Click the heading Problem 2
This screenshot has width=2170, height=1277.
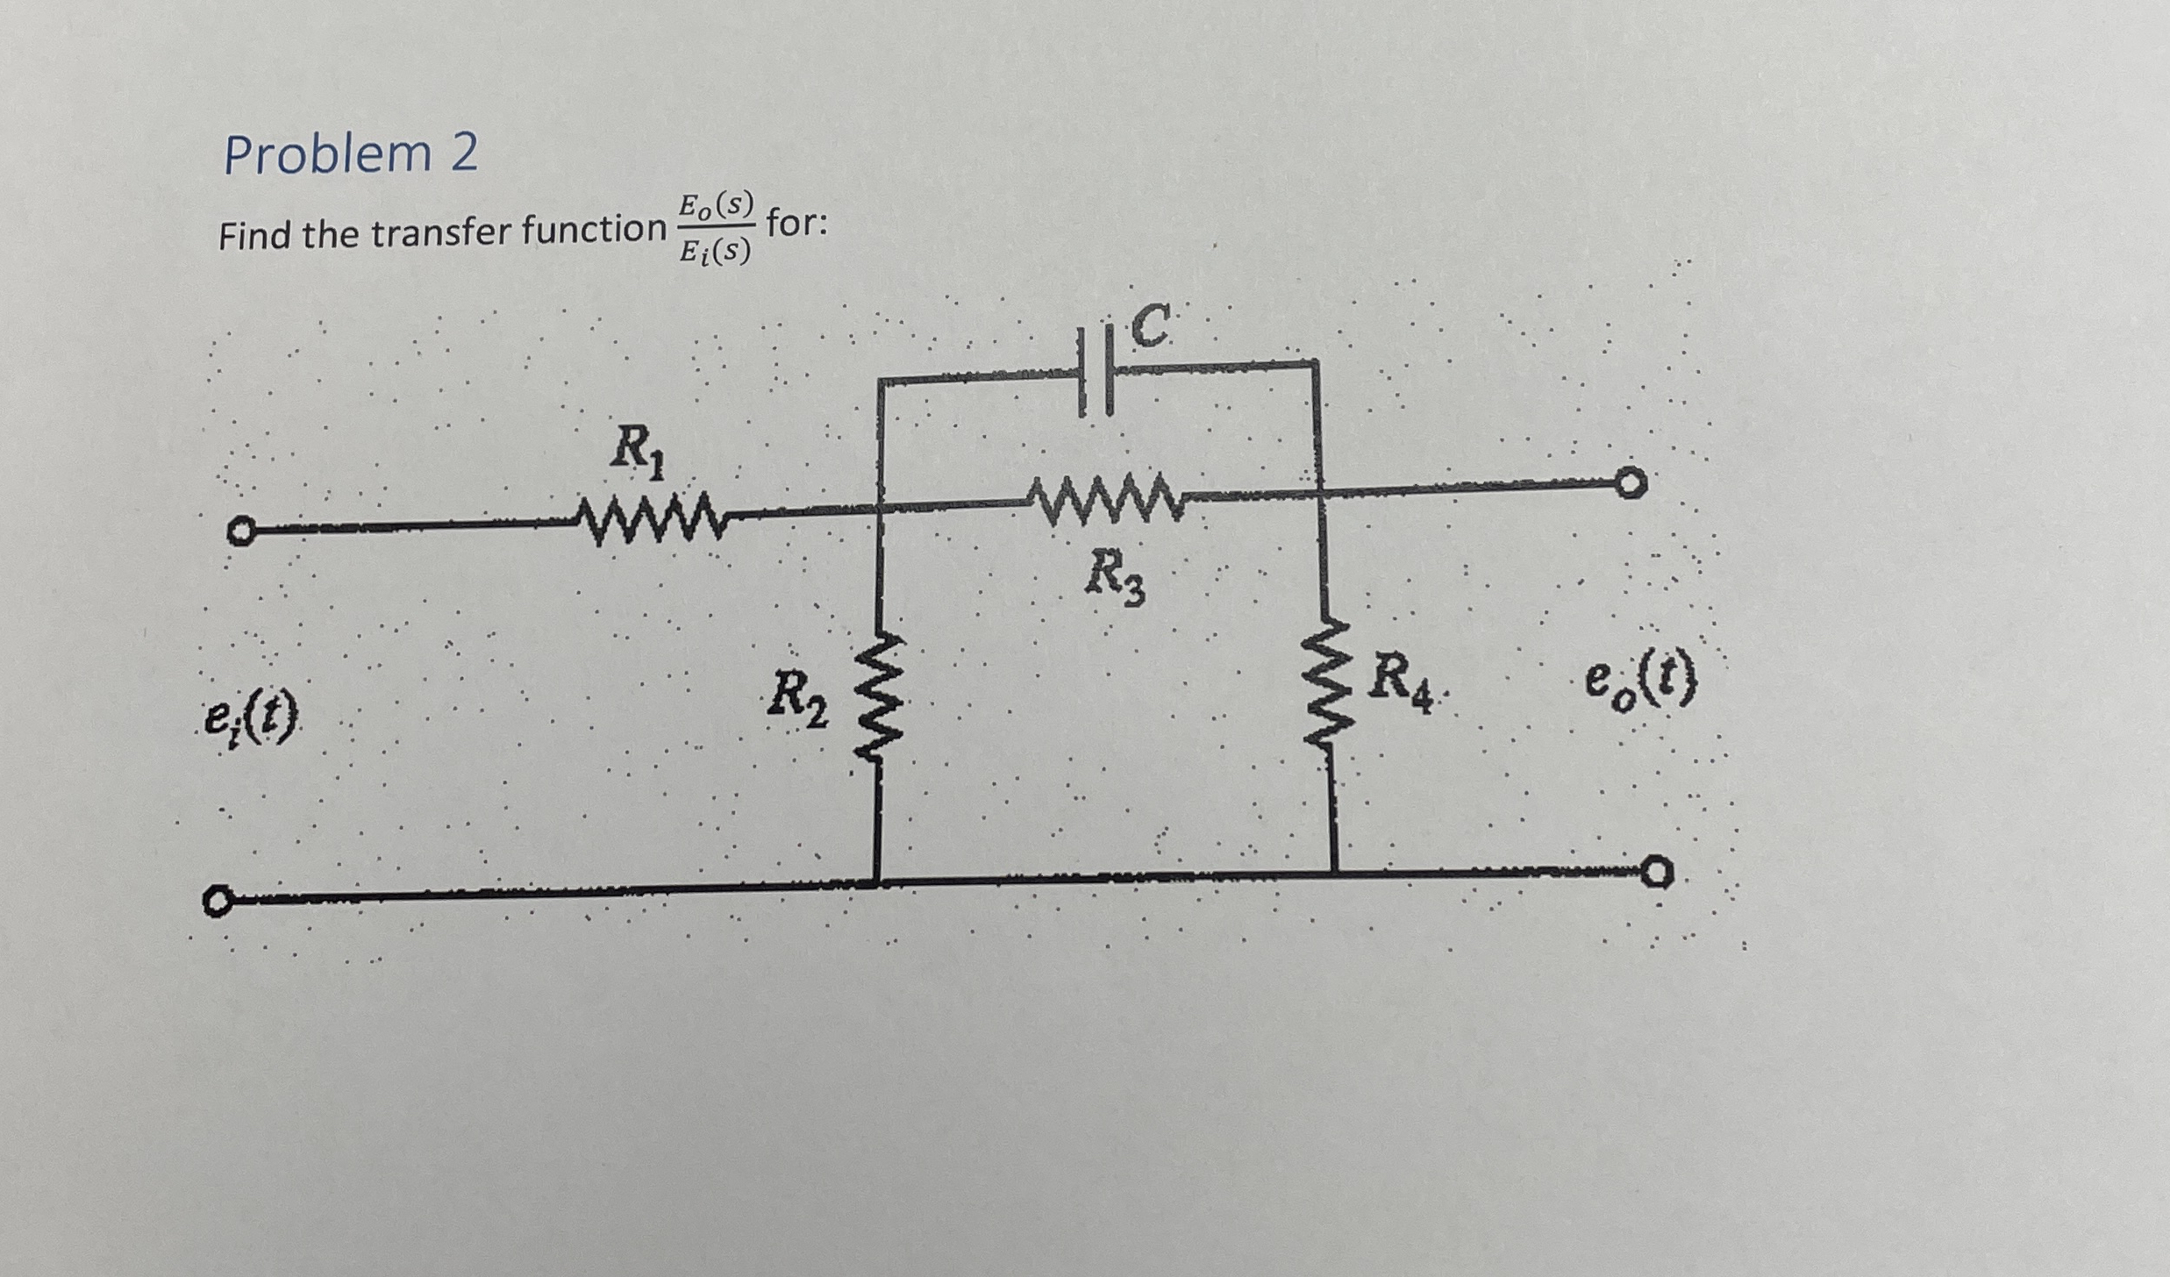click(351, 155)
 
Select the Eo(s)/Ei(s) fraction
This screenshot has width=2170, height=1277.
click(716, 229)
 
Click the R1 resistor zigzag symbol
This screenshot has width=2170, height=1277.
click(650, 523)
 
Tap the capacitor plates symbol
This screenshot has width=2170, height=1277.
click(1096, 383)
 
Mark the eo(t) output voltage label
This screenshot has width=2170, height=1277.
click(1639, 685)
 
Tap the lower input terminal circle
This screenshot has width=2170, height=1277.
click(217, 902)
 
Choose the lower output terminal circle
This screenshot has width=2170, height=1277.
click(1656, 874)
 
